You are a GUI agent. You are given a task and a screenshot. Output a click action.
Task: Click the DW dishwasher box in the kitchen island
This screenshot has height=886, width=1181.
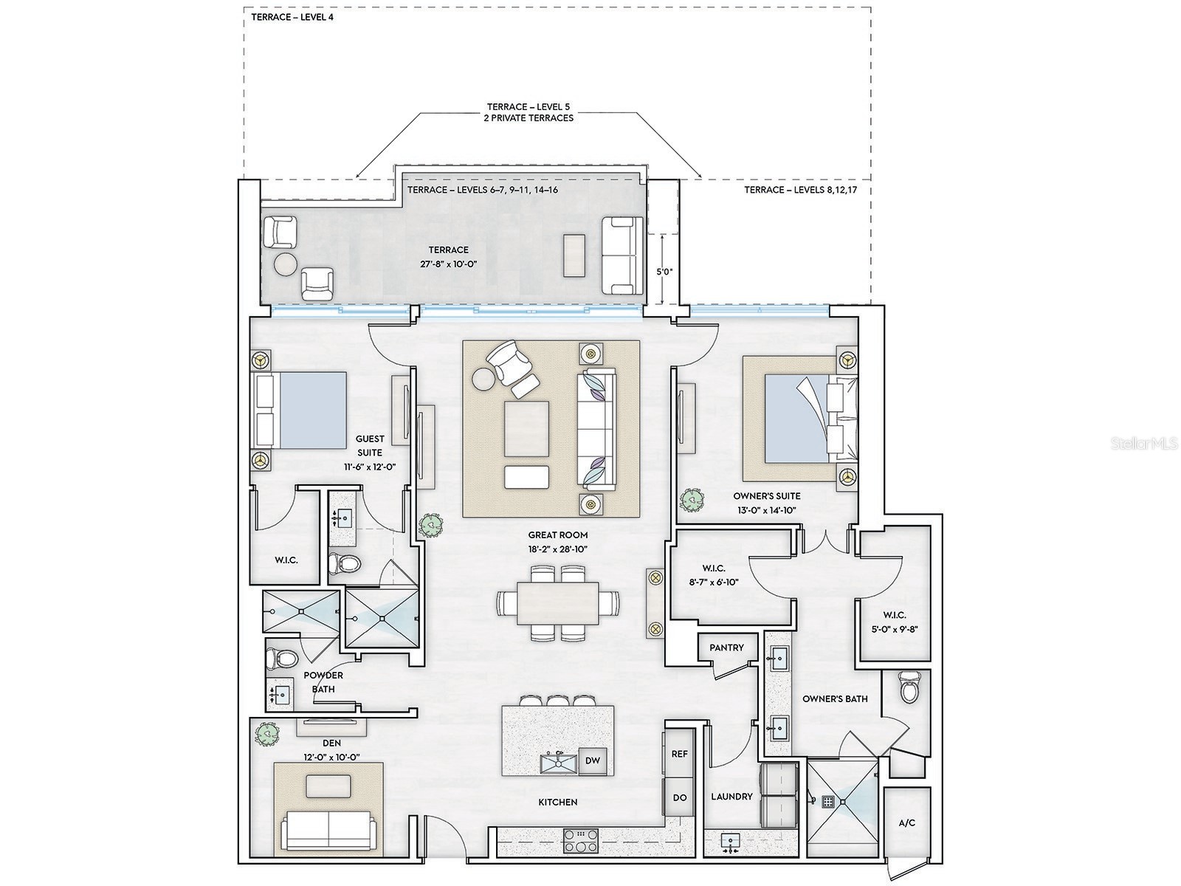[x=593, y=760]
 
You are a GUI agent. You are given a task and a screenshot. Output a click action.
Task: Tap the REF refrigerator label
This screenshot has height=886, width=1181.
[x=680, y=754]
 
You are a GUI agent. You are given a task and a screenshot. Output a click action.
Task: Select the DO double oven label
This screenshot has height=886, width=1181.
[x=680, y=797]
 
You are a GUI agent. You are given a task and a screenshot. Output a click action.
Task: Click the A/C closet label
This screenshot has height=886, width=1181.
[x=907, y=823]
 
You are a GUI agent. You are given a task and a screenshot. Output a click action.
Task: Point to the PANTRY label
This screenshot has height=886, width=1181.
[x=726, y=648]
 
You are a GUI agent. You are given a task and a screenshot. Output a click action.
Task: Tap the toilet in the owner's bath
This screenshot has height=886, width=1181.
[x=909, y=688]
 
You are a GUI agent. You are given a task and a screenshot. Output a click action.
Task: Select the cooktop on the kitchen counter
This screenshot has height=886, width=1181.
[x=581, y=842]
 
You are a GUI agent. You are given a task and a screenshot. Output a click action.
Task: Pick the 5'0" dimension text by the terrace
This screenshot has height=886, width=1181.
[x=664, y=272]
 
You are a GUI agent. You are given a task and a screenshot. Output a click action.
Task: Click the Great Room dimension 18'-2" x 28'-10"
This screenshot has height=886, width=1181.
[x=557, y=549]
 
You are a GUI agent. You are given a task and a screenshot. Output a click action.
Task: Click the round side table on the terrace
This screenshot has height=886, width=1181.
[x=285, y=265]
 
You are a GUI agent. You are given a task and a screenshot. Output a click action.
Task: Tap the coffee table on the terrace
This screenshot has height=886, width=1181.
[x=574, y=255]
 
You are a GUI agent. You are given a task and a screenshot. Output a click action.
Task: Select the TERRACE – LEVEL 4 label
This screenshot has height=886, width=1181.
[x=292, y=17]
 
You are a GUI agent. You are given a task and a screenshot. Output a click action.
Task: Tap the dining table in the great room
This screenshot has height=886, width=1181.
[x=557, y=603]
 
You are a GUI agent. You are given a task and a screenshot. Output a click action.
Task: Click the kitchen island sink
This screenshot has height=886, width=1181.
[x=559, y=763]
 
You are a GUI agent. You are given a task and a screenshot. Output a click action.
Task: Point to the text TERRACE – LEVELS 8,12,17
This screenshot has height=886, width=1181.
[x=801, y=190]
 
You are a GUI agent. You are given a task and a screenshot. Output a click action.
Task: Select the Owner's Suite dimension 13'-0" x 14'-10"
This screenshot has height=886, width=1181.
[x=767, y=510]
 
